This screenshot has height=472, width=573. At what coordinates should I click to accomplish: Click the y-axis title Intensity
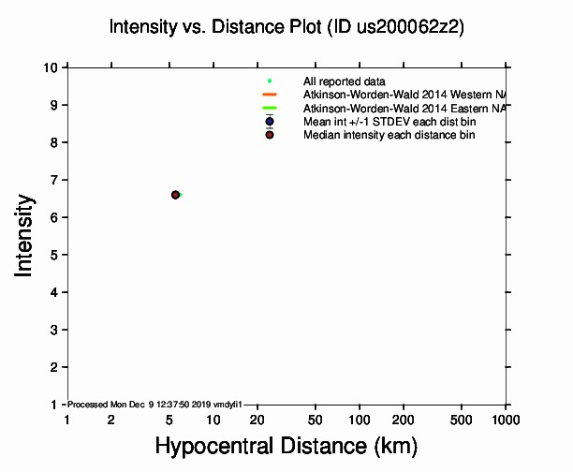pyautogui.click(x=25, y=235)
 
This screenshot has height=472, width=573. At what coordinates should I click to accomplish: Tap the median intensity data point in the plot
pyautogui.click(x=175, y=195)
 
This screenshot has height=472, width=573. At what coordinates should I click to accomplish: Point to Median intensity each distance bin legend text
pyautogui.click(x=389, y=135)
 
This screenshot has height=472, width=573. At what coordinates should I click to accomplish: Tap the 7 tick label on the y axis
pyautogui.click(x=55, y=180)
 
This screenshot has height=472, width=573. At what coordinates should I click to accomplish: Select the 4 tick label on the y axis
pyautogui.click(x=55, y=292)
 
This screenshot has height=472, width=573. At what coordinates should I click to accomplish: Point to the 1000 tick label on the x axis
pyautogui.click(x=506, y=420)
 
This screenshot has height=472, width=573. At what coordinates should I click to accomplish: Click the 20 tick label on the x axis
pyautogui.click(x=257, y=420)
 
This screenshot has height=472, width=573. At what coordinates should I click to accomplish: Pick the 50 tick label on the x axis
pyautogui.click(x=316, y=420)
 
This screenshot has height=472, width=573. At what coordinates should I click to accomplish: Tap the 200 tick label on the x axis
pyautogui.click(x=404, y=420)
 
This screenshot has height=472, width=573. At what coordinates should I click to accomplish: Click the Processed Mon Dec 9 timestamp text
pyautogui.click(x=155, y=405)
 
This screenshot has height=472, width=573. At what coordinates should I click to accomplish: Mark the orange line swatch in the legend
pyautogui.click(x=270, y=95)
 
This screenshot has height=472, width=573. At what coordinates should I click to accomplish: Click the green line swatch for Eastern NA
pyautogui.click(x=270, y=109)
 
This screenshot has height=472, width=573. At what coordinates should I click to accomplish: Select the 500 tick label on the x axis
pyautogui.click(x=463, y=420)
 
